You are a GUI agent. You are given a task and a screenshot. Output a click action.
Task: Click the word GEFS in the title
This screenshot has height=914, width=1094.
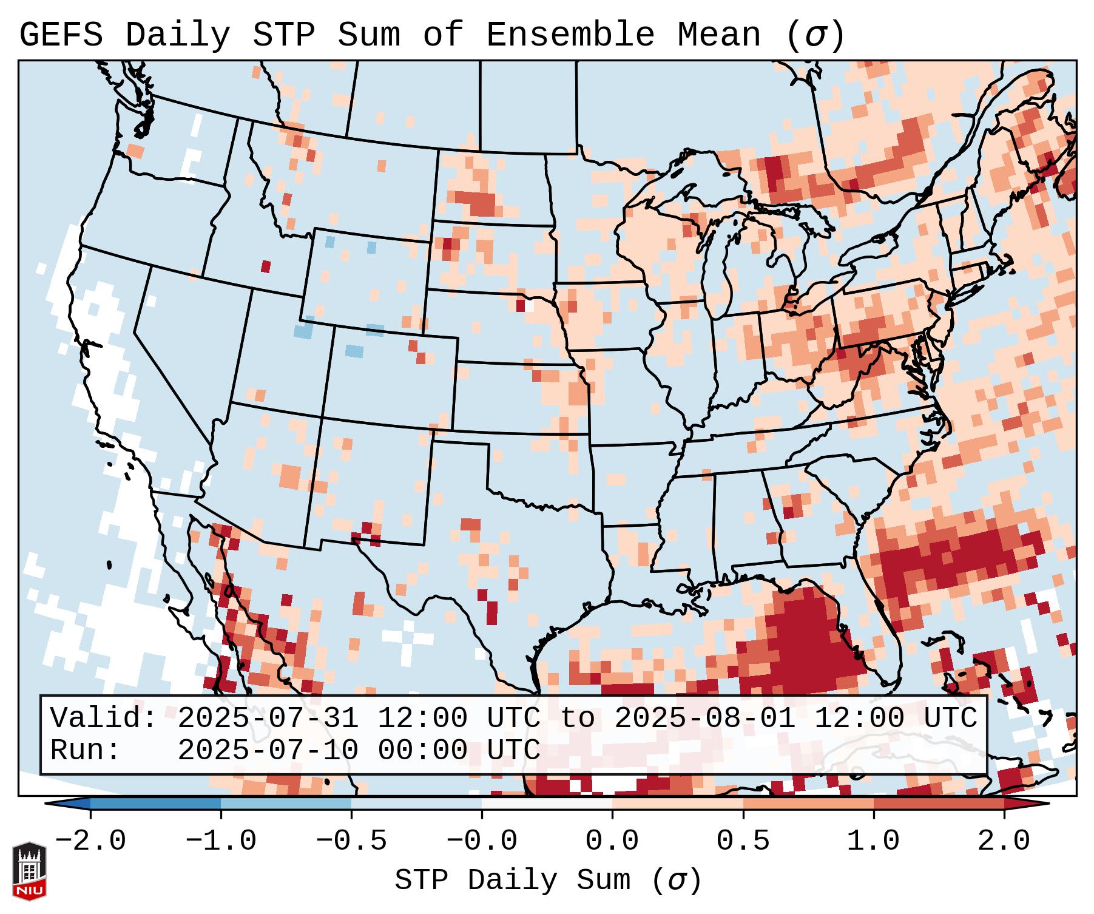61,35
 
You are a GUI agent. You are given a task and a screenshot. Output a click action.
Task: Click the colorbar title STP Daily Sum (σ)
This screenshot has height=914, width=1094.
548,881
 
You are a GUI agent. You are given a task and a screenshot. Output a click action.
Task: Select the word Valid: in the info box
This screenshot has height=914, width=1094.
104,718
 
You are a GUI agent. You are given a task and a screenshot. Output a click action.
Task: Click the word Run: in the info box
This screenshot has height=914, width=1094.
86,750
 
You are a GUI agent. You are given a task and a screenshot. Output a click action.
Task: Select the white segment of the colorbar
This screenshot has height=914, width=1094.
547,804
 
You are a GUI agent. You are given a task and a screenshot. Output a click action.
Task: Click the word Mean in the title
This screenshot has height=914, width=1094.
719,35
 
